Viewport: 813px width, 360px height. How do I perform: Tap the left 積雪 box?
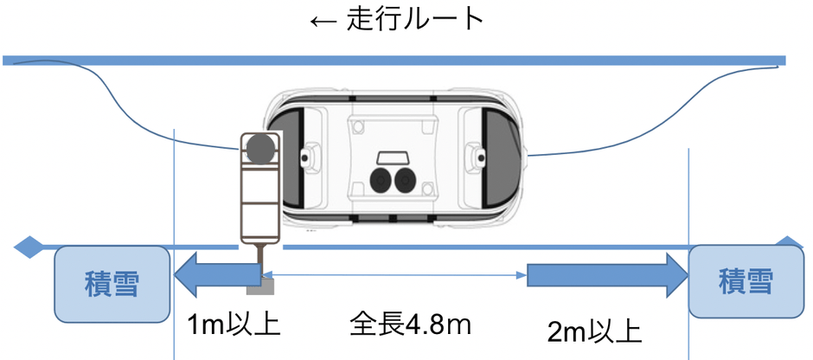tap(112, 282)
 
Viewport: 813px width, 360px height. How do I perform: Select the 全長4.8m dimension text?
tap(410, 325)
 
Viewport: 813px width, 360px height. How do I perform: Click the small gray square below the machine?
tap(266, 282)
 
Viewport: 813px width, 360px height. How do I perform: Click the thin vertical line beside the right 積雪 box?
tap(688, 199)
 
